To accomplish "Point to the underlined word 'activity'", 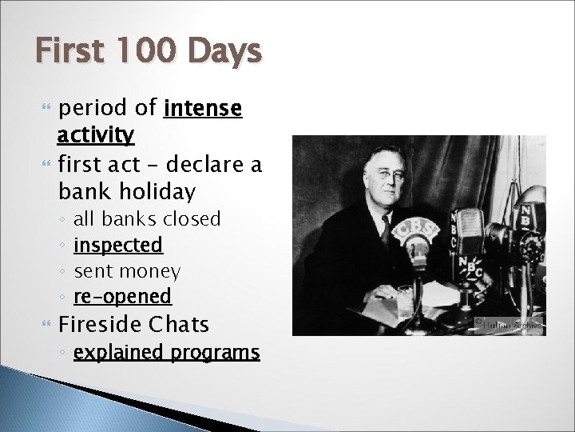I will tap(96, 134).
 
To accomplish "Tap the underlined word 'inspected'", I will tap(117, 245).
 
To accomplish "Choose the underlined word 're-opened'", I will tap(122, 297).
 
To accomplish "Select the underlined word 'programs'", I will tap(220, 352).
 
